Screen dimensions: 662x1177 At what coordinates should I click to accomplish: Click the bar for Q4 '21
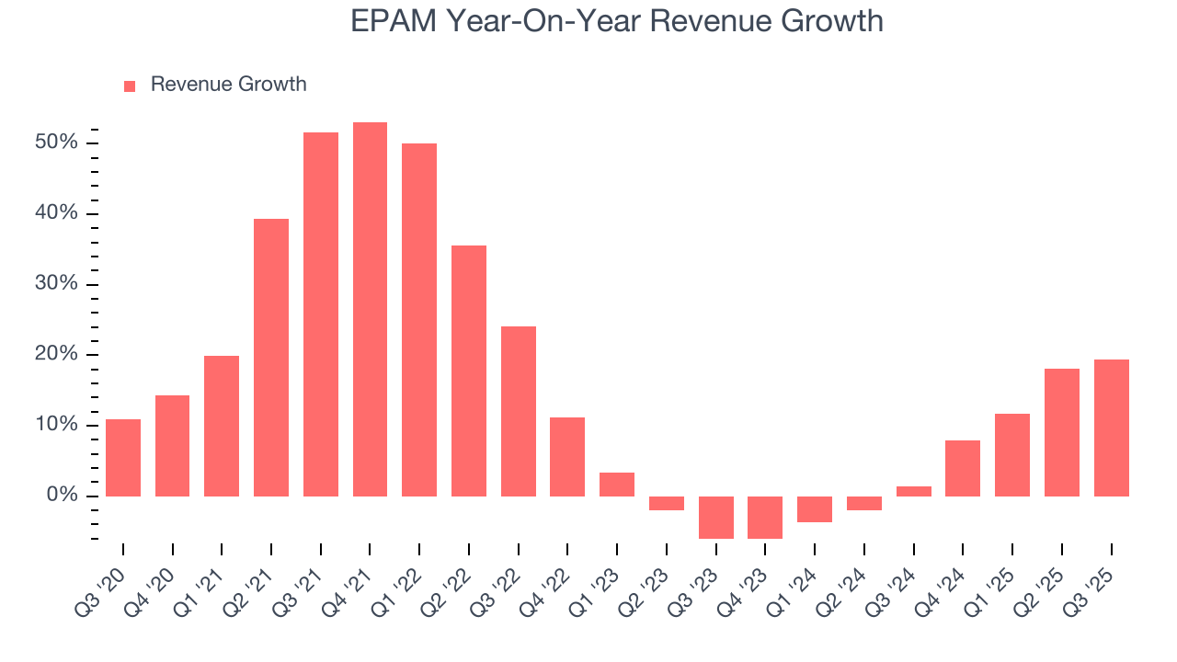tap(370, 309)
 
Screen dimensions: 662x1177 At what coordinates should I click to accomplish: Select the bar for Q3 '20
tap(123, 458)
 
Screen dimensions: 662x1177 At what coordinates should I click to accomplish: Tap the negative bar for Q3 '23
tap(715, 517)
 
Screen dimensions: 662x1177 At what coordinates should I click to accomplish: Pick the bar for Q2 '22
tap(469, 371)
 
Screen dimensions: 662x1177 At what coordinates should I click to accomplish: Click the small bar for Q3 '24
tap(913, 491)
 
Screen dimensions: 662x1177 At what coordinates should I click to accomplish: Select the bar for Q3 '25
tap(1111, 428)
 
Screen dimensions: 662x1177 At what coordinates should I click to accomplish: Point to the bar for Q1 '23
tap(617, 484)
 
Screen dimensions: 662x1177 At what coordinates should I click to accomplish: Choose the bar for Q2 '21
tap(271, 357)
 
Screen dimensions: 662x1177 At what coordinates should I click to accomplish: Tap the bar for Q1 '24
tap(815, 508)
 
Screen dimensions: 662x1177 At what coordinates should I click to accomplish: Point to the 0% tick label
tap(63, 496)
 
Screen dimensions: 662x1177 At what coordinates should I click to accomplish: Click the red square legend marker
tap(130, 86)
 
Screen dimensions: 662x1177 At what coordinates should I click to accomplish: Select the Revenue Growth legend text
tap(228, 85)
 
